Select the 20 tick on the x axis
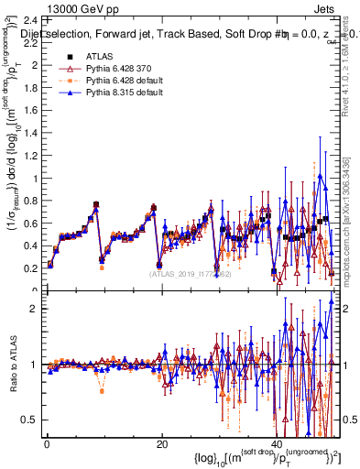[161, 444]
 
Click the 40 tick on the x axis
[277, 444]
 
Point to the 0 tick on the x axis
[46, 444]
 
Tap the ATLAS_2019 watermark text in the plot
[191, 273]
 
